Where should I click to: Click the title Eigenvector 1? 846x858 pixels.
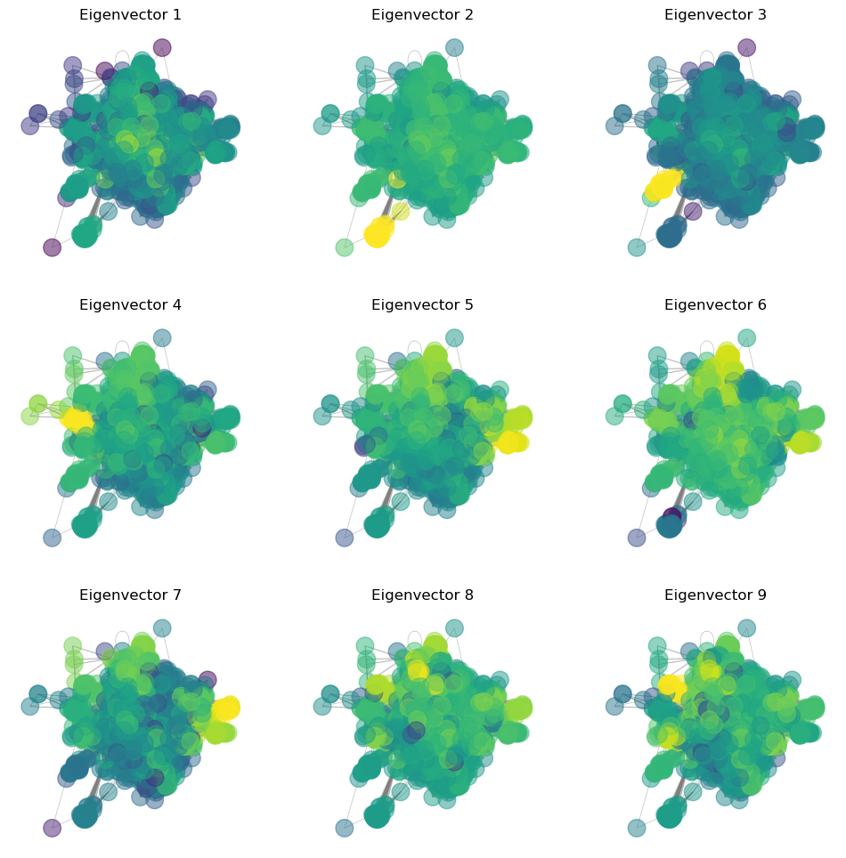click(130, 15)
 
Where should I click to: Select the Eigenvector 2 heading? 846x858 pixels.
click(422, 15)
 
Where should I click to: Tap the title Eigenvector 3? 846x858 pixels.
click(715, 15)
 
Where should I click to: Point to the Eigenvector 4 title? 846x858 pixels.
click(130, 305)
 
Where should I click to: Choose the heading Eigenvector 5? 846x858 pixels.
click(422, 305)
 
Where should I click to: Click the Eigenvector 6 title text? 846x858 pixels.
click(715, 305)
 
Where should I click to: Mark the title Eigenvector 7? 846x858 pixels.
click(130, 595)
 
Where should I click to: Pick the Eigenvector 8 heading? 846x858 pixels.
click(422, 595)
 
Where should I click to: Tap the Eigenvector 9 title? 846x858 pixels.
click(715, 595)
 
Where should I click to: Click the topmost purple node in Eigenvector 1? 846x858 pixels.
click(162, 47)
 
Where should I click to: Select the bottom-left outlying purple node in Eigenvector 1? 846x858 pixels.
click(53, 247)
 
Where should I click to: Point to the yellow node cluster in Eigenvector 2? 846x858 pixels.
click(378, 233)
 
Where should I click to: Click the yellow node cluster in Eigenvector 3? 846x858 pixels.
click(663, 185)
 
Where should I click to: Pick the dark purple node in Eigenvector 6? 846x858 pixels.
click(673, 517)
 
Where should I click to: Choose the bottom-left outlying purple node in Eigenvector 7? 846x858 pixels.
click(53, 828)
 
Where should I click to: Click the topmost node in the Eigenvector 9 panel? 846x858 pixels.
click(746, 627)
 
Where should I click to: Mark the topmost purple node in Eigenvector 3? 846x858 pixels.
click(746, 47)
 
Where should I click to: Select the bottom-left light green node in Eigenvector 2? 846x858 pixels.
click(345, 247)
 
